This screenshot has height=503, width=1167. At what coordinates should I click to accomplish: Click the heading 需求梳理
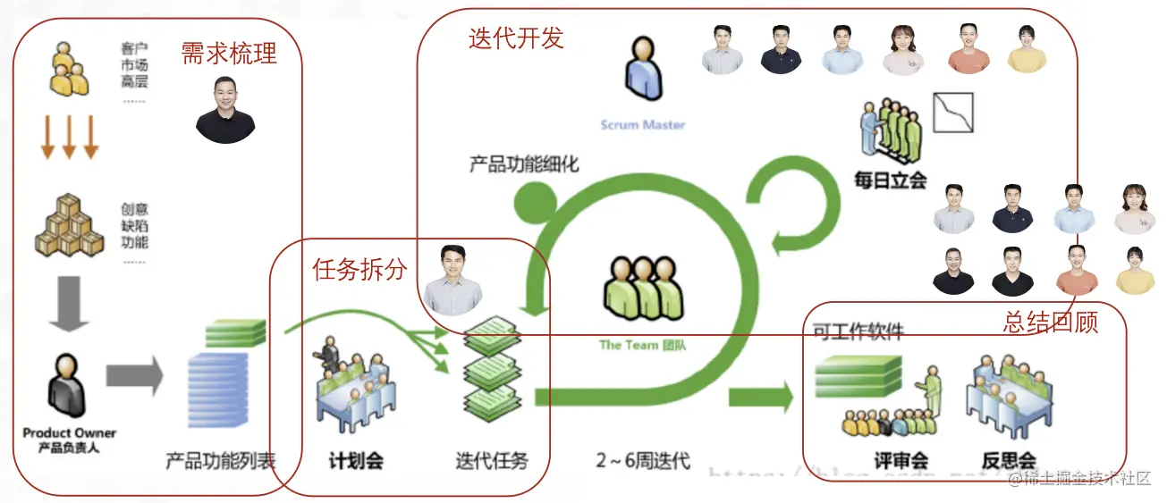click(x=229, y=54)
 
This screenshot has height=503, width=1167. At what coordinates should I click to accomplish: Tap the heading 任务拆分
click(x=359, y=268)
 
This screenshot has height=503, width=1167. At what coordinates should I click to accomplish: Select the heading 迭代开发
click(x=516, y=38)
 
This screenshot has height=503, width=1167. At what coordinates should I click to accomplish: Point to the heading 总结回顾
click(x=1050, y=321)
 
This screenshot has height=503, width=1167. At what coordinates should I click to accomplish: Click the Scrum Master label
click(x=643, y=124)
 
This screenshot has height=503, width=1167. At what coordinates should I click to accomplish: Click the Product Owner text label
click(x=70, y=433)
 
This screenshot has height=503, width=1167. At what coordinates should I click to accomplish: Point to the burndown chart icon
click(x=952, y=113)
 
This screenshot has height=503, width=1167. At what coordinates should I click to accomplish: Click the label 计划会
click(x=356, y=461)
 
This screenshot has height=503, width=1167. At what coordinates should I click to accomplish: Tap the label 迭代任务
click(x=492, y=461)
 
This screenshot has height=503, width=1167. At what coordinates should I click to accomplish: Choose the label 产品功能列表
click(x=221, y=461)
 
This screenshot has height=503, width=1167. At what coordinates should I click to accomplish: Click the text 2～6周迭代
click(x=643, y=461)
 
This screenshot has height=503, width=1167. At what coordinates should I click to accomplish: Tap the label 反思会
click(x=1009, y=461)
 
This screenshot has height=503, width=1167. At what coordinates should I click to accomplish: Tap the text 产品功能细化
click(x=524, y=164)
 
